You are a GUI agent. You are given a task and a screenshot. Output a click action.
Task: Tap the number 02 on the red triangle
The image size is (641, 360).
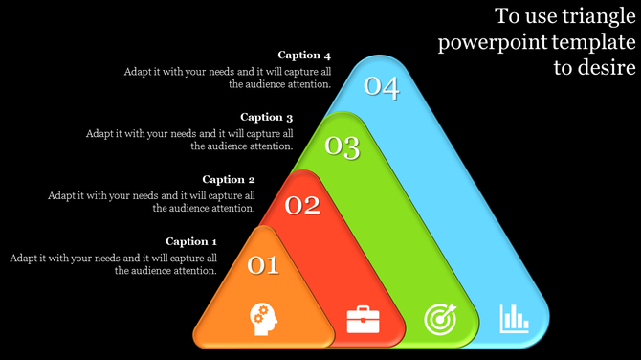[x=302, y=205]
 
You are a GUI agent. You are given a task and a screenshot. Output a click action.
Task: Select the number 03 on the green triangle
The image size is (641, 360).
[x=342, y=147]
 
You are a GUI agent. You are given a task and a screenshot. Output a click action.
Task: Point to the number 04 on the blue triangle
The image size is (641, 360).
[x=381, y=87]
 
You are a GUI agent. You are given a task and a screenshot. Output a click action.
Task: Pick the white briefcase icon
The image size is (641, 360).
[x=363, y=318]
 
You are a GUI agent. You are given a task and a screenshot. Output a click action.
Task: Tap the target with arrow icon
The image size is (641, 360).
[x=441, y=318]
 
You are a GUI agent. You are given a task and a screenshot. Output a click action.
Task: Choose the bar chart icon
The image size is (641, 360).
[x=514, y=318]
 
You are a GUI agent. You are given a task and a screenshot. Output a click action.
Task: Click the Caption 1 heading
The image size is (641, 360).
[x=191, y=241]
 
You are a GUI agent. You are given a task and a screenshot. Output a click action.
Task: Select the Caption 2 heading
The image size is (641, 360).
[x=229, y=179]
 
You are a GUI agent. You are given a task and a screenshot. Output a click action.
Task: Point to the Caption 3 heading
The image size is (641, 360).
[x=266, y=117]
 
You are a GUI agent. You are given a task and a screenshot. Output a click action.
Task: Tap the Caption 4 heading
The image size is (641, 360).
[x=304, y=55]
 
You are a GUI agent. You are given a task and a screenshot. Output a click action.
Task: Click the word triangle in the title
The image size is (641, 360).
[x=586, y=16]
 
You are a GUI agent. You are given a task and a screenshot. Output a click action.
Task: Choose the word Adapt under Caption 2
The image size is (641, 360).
[x=62, y=195]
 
